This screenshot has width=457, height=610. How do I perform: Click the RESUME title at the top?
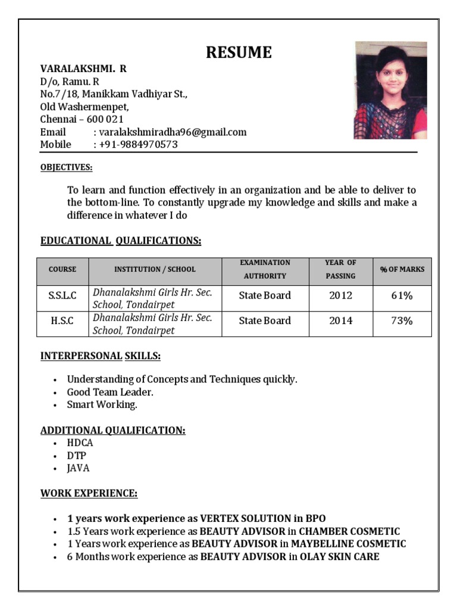pyautogui.click(x=239, y=52)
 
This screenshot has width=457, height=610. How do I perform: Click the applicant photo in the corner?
pyautogui.click(x=390, y=90)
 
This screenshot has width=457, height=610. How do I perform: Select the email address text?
pyautogui.click(x=173, y=132)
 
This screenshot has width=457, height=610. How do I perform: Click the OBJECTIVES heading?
pyautogui.click(x=66, y=167)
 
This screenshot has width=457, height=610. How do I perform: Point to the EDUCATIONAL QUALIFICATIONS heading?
pyautogui.click(x=121, y=241)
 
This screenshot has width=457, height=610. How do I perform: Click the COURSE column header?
pyautogui.click(x=62, y=269)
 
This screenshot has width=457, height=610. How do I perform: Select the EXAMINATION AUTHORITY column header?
pyautogui.click(x=265, y=269)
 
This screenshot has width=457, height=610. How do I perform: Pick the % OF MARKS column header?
pyautogui.click(x=402, y=269)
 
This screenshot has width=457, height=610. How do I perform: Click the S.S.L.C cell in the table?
pyautogui.click(x=62, y=295)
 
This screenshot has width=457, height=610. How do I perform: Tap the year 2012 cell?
pyautogui.click(x=340, y=295)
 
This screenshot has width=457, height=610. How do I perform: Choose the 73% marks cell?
pyautogui.click(x=402, y=321)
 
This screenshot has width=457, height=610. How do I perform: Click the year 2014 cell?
pyautogui.click(x=340, y=321)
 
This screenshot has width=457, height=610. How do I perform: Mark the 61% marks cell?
pyautogui.click(x=402, y=295)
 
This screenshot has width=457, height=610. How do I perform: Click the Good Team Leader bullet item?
pyautogui.click(x=110, y=392)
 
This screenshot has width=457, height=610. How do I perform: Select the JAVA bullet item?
pyautogui.click(x=79, y=468)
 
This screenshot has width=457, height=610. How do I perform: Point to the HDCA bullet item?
pyautogui.click(x=80, y=443)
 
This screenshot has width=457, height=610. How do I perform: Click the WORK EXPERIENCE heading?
pyautogui.click(x=89, y=493)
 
